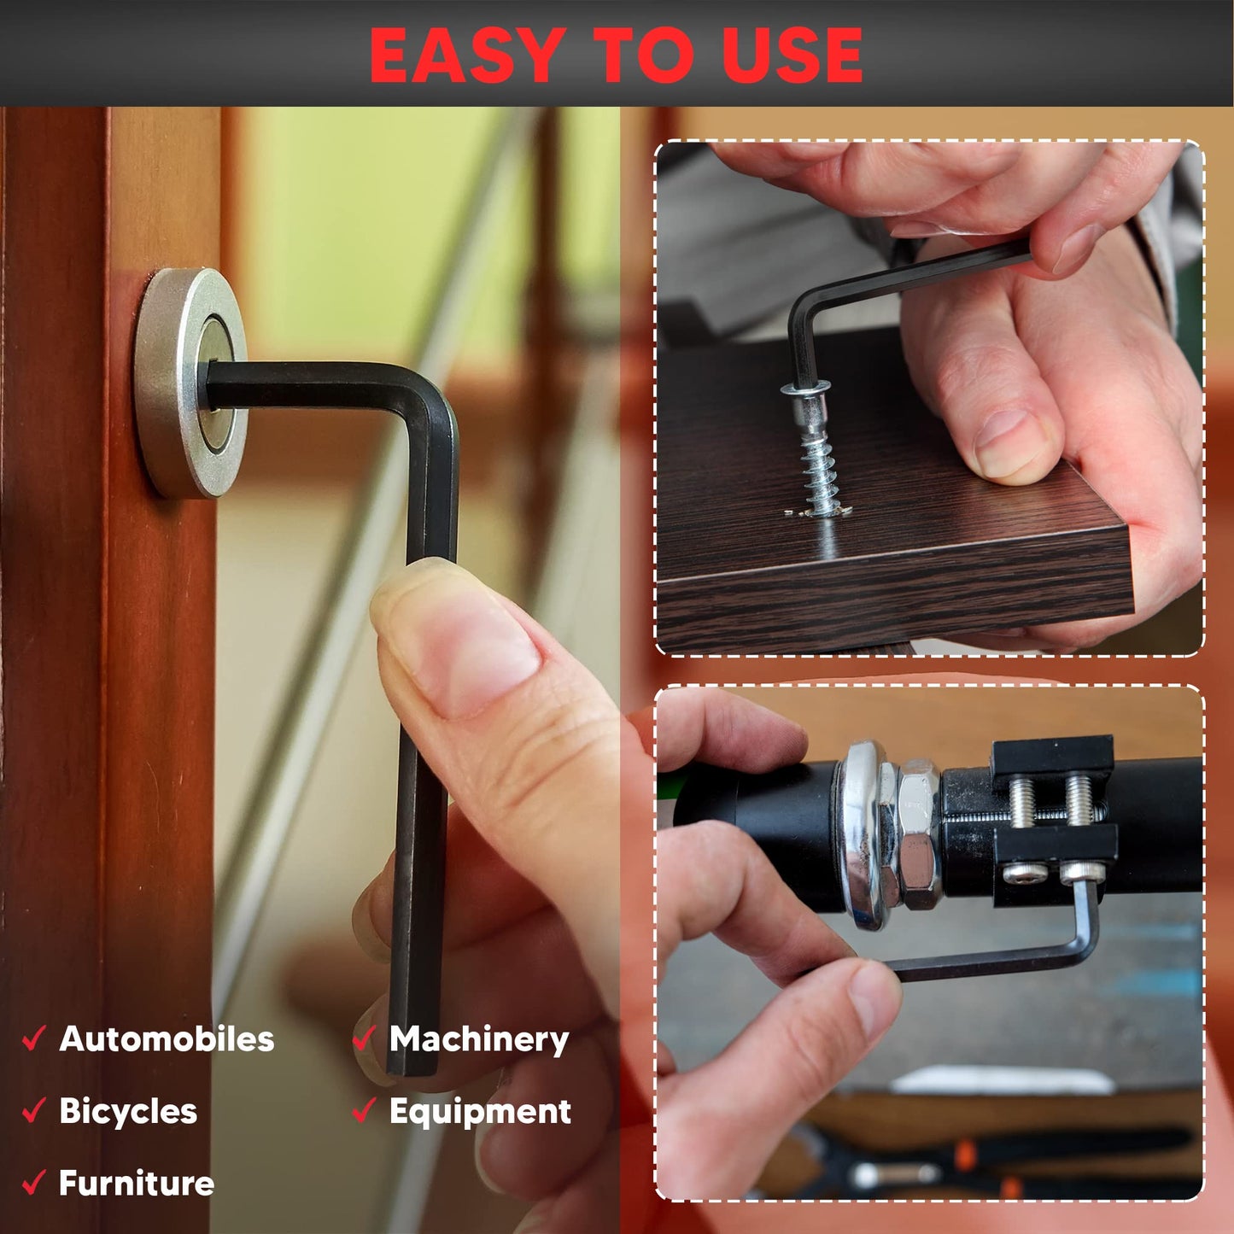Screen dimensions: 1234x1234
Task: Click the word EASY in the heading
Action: pos(467,56)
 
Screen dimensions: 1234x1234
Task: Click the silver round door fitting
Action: pos(190,383)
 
